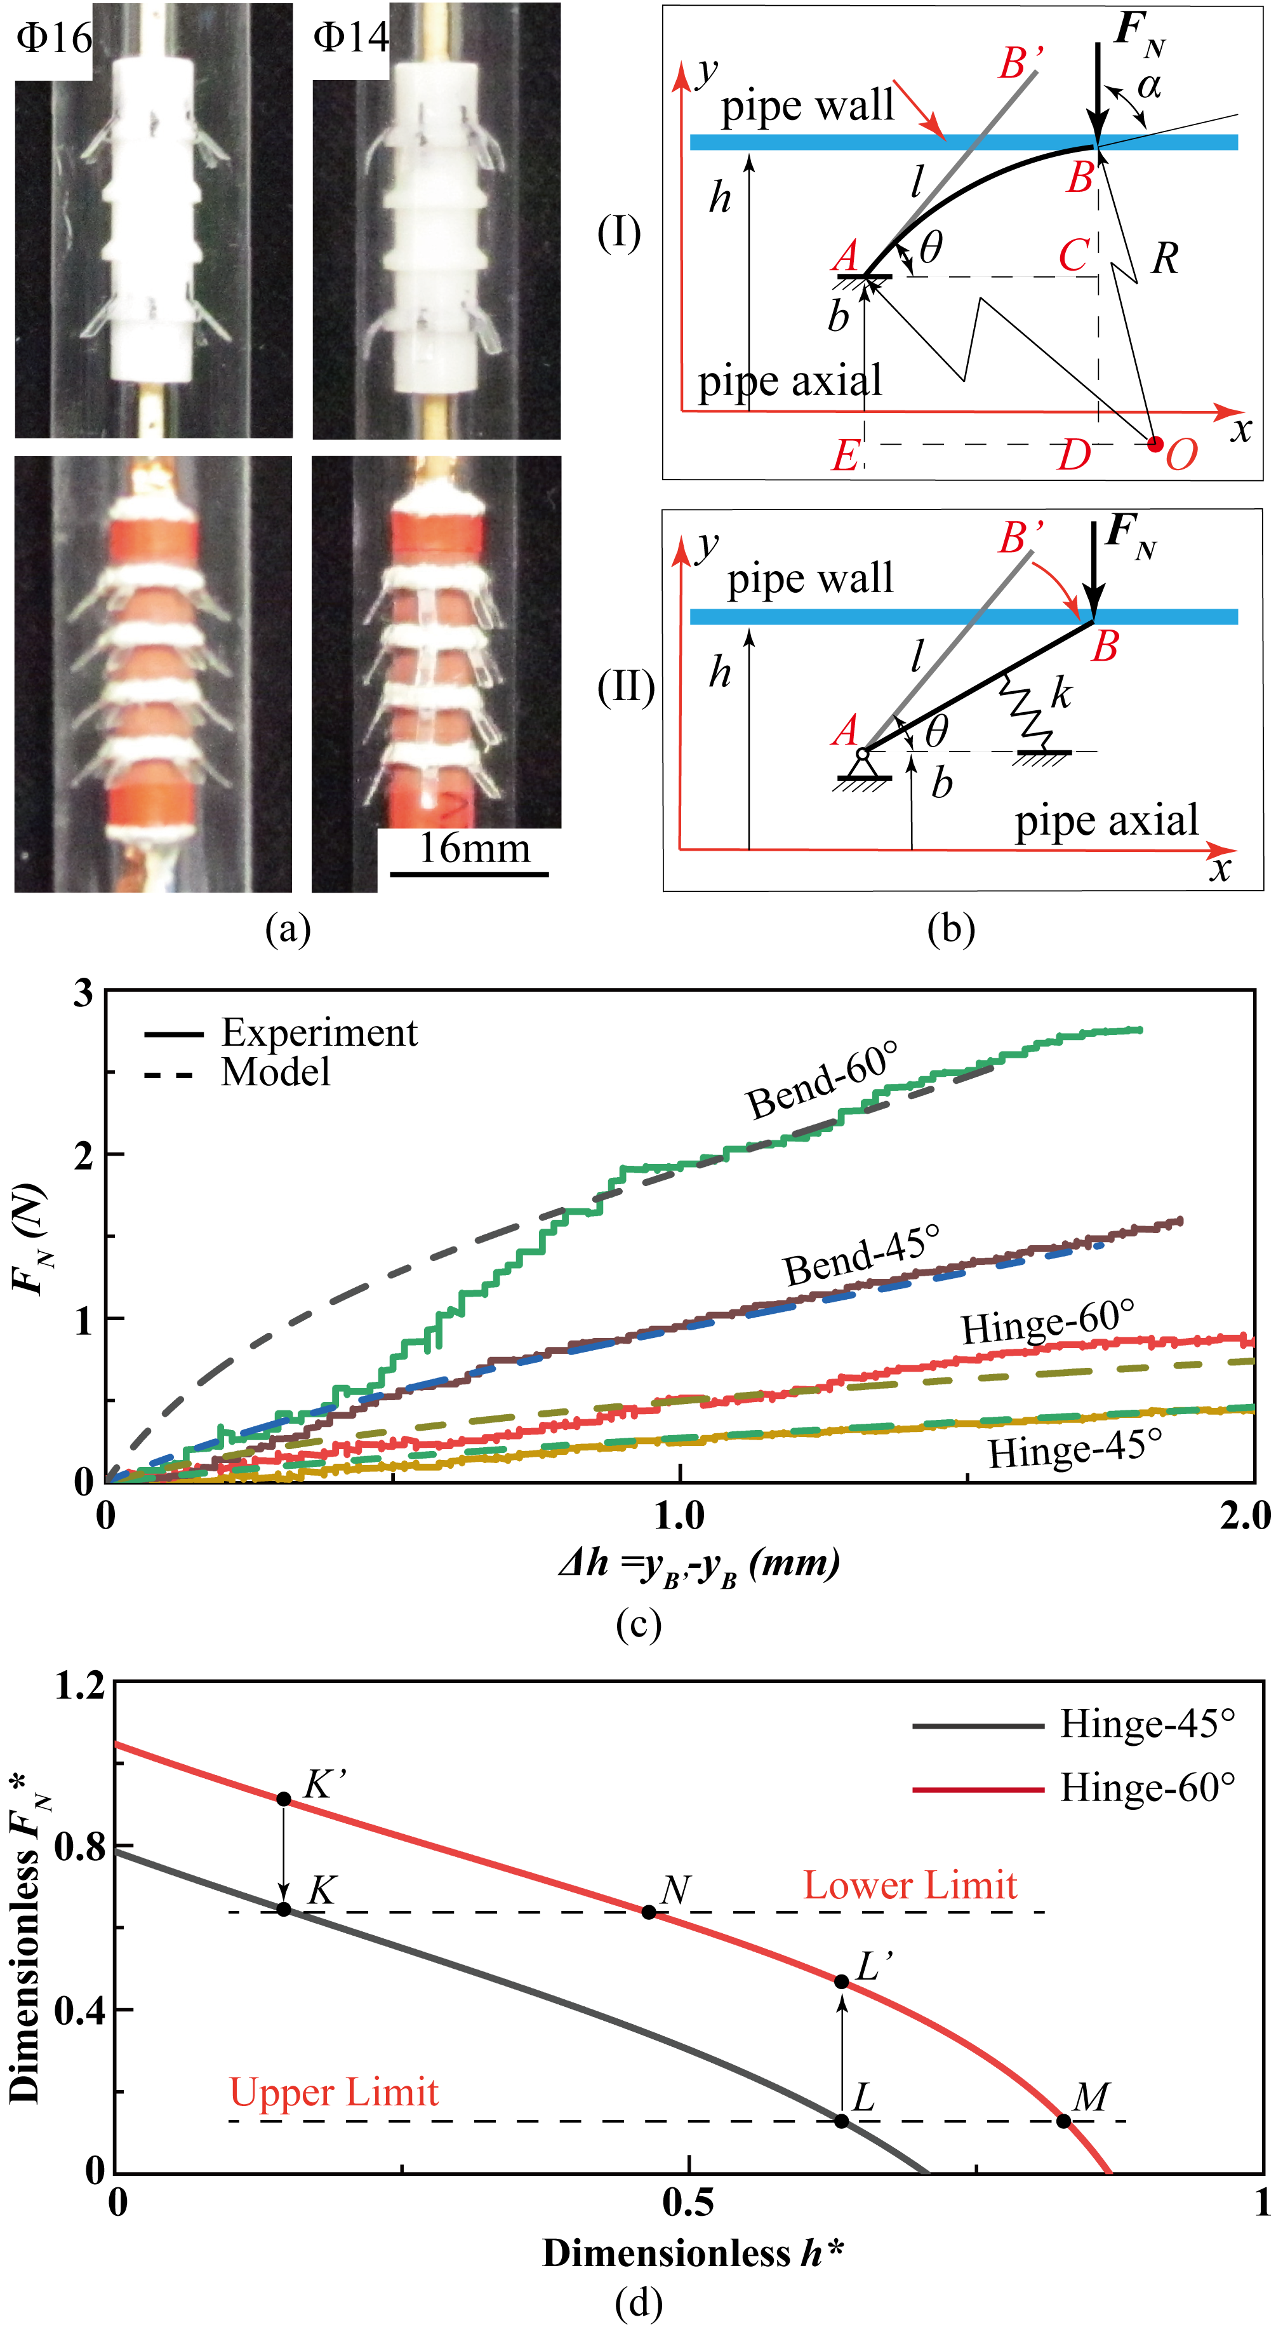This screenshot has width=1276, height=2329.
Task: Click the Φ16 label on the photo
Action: click(x=54, y=39)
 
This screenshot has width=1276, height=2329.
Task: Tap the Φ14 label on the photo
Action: click(x=350, y=39)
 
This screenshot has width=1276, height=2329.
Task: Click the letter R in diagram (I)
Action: click(x=1165, y=259)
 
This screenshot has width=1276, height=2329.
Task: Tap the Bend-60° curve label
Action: click(x=822, y=1081)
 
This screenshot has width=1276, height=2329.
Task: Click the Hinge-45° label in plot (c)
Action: click(x=1075, y=1449)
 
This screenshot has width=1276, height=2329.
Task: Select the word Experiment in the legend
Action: click(x=319, y=1032)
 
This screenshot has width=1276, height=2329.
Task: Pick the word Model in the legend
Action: click(x=276, y=1073)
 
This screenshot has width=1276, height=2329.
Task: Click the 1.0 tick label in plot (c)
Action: click(x=679, y=1515)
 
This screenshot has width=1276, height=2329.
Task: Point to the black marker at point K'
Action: click(x=284, y=1799)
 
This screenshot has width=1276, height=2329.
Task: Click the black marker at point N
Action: click(x=649, y=1912)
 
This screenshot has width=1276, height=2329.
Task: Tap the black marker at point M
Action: click(x=1063, y=2120)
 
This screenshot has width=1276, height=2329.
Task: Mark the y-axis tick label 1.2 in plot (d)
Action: click(x=79, y=1687)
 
